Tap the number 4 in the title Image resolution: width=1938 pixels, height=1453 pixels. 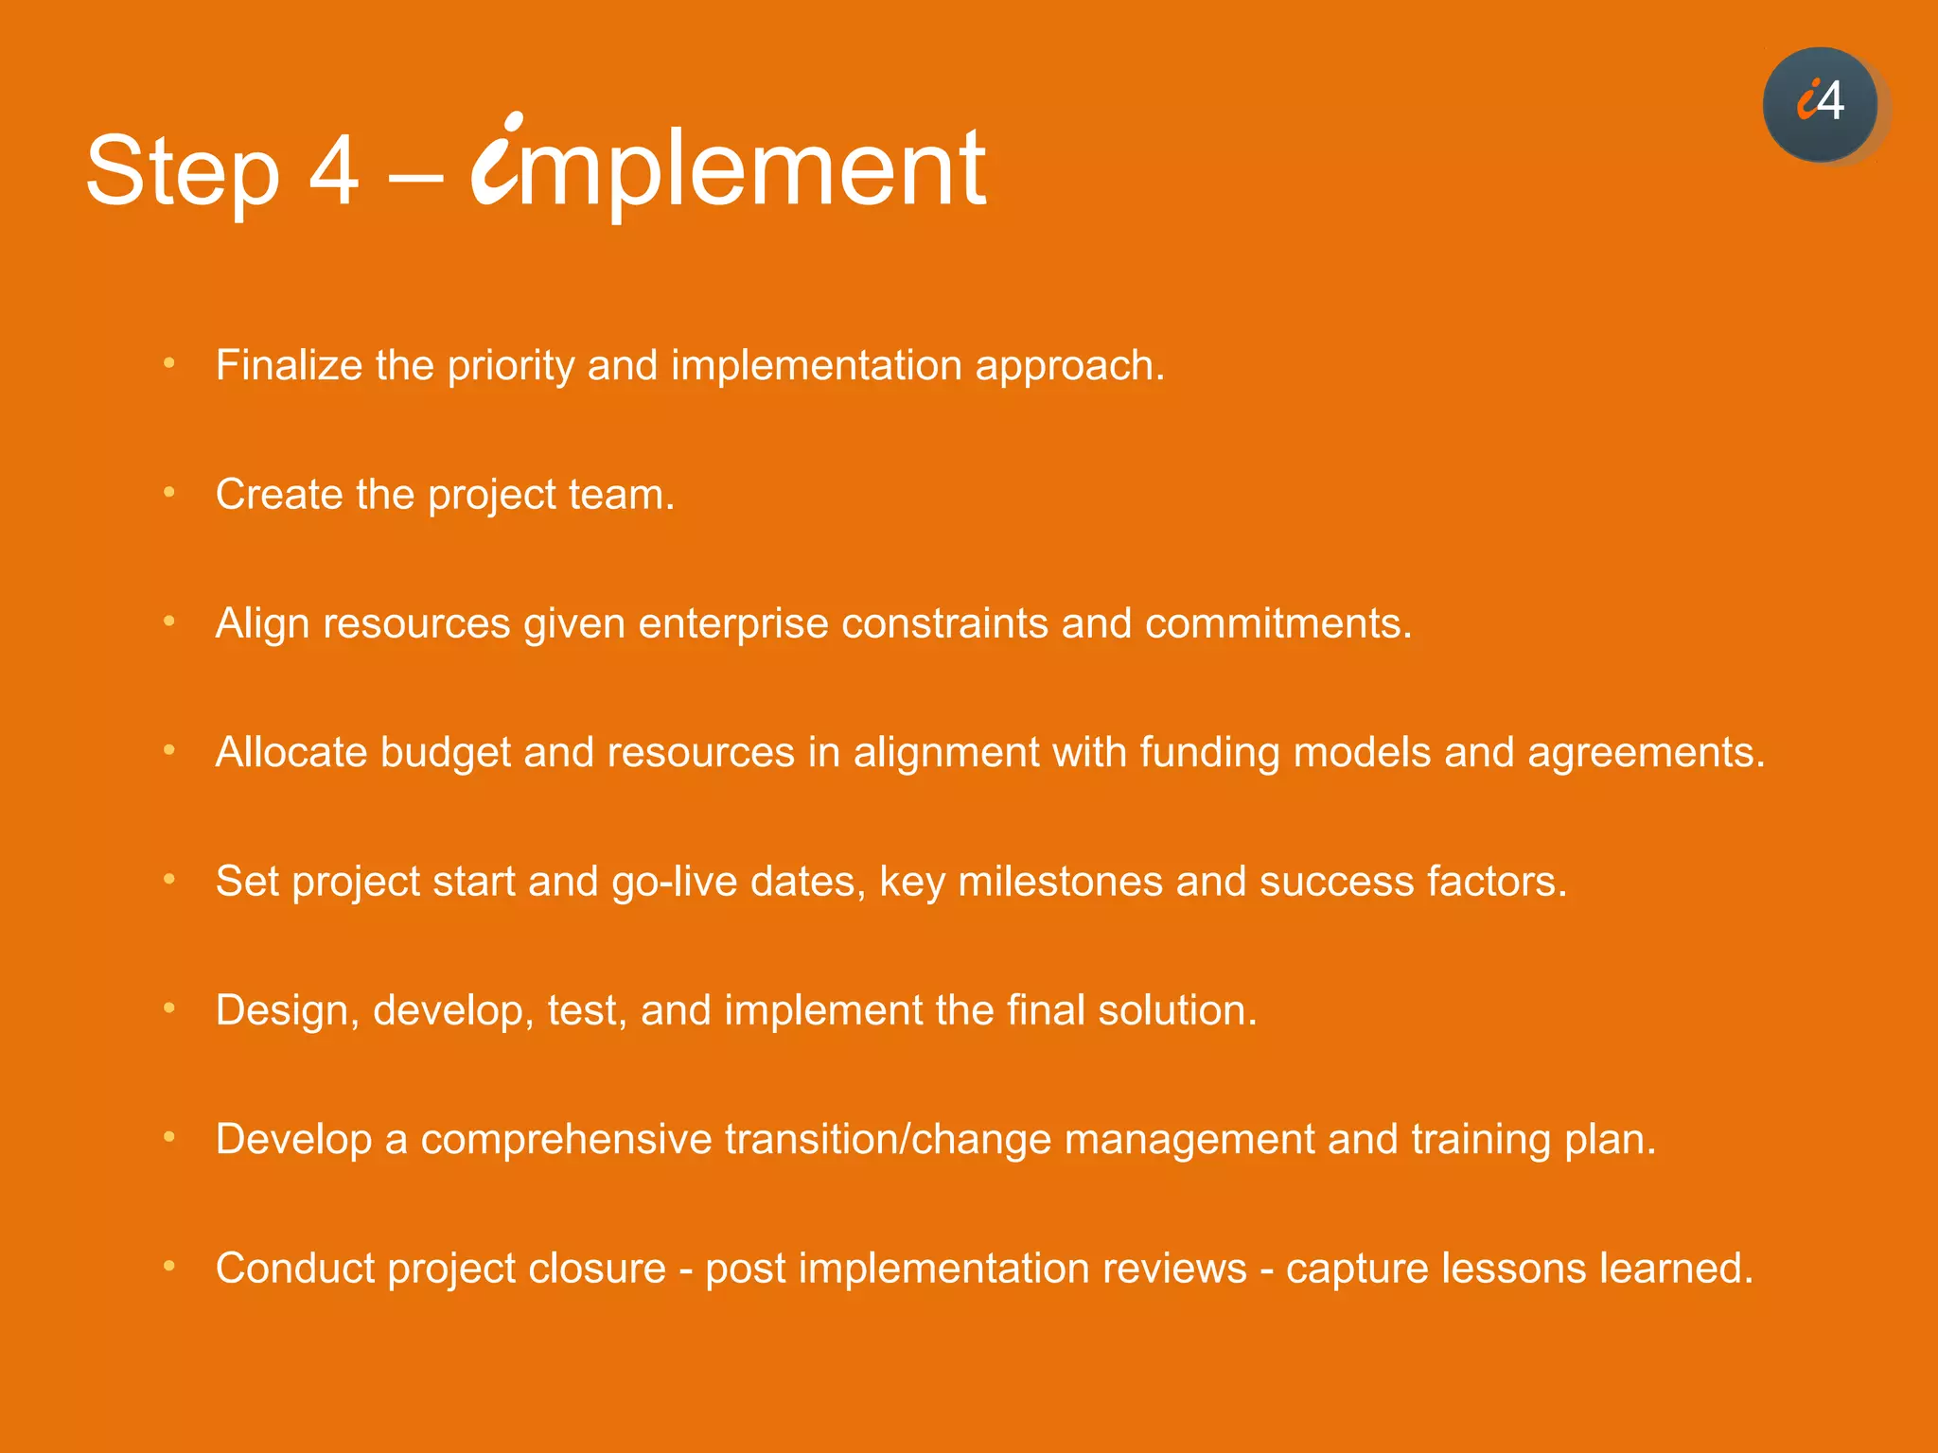[334, 170]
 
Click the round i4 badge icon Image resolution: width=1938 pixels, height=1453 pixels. [1820, 104]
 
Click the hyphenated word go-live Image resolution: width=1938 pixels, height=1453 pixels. [674, 882]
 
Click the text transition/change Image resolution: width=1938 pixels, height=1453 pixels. [888, 1140]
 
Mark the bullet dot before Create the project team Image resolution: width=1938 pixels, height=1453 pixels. [169, 492]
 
